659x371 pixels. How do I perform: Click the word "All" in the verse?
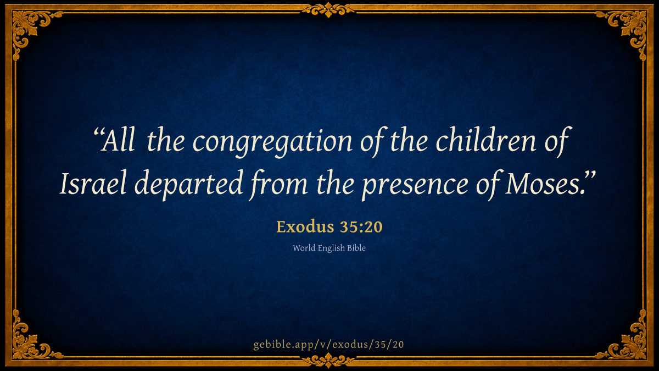click(x=118, y=142)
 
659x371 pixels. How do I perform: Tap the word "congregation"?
click(x=272, y=142)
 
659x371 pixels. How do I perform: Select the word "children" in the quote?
click(x=485, y=140)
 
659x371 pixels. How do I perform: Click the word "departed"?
click(x=188, y=185)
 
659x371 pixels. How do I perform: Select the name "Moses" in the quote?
click(x=542, y=184)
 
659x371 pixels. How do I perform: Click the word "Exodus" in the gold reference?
click(x=305, y=226)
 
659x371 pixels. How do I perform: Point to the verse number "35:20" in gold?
click(x=361, y=227)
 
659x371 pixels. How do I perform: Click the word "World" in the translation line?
click(x=304, y=248)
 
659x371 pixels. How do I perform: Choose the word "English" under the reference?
click(x=331, y=248)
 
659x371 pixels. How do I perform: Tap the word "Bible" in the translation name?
click(x=356, y=248)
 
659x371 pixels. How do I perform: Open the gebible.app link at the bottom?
click(x=328, y=345)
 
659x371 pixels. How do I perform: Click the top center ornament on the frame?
click(x=328, y=9)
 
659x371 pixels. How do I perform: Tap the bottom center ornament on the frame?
click(x=328, y=361)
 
